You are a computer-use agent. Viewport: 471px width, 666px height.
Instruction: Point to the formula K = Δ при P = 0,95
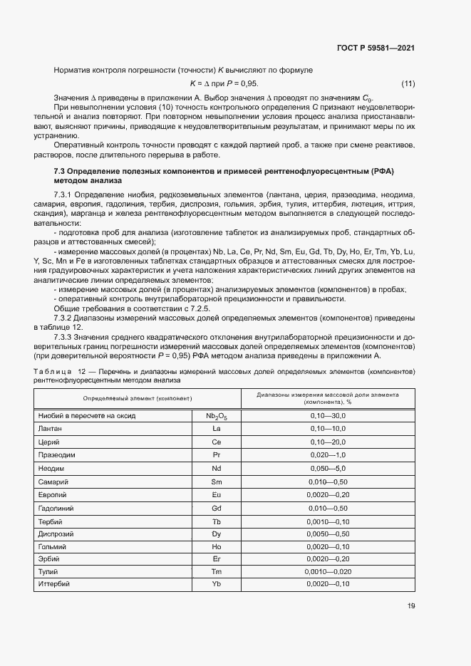coord(224,84)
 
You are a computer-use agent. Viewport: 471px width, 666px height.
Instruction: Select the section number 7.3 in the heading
coord(61,172)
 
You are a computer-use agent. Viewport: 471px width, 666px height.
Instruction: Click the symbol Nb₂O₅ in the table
coord(217,415)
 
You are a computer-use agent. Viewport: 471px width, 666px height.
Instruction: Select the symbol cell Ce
coord(217,442)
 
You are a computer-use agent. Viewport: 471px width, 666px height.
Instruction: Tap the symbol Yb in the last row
coord(217,584)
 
